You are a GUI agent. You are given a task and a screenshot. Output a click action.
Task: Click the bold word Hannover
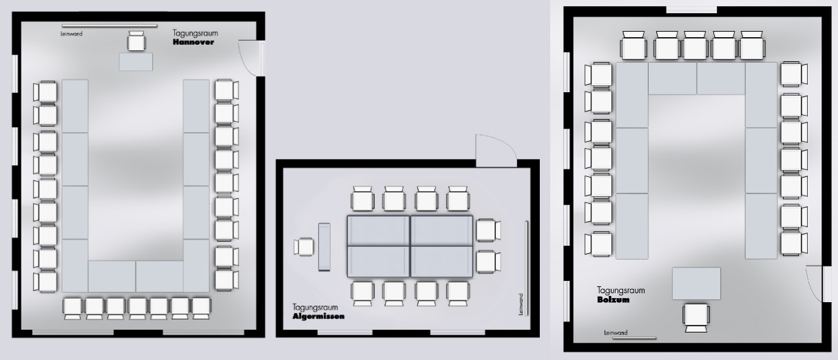point(193,42)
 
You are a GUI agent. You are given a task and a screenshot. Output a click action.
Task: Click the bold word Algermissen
point(318,316)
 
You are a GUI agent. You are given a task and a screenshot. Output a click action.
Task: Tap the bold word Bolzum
point(613,300)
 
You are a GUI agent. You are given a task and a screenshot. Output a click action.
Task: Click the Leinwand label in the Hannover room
point(72,34)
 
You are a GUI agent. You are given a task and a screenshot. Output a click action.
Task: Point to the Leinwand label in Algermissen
point(521,304)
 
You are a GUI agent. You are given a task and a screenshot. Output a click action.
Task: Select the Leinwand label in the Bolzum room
point(616,332)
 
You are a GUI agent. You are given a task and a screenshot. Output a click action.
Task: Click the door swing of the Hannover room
point(247,58)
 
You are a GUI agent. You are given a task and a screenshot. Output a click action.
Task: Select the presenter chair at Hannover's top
point(136,41)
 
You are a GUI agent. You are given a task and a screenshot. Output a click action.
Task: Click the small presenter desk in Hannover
point(136,62)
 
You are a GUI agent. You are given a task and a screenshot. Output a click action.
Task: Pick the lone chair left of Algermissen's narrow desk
point(304,247)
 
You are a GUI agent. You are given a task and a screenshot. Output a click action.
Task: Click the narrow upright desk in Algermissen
point(324,247)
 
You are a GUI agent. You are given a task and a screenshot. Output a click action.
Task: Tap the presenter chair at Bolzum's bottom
point(696,318)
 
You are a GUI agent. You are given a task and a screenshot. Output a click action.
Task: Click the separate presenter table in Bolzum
point(696,284)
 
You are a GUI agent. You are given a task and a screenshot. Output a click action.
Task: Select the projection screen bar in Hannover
point(109,25)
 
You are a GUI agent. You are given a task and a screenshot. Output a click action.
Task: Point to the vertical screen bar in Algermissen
point(527,268)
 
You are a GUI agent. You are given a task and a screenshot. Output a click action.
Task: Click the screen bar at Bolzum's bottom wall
point(634,339)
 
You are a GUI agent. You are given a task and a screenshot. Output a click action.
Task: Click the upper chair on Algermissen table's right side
point(488,231)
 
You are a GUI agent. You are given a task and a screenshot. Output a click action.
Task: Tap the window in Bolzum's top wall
point(691,10)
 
